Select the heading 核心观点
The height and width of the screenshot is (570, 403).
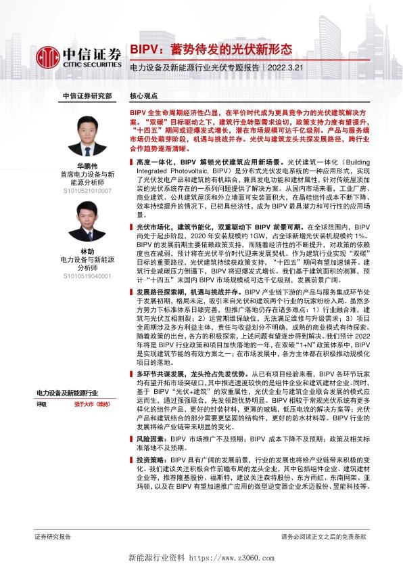point(143,97)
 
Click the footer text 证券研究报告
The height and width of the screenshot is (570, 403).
point(53,536)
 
